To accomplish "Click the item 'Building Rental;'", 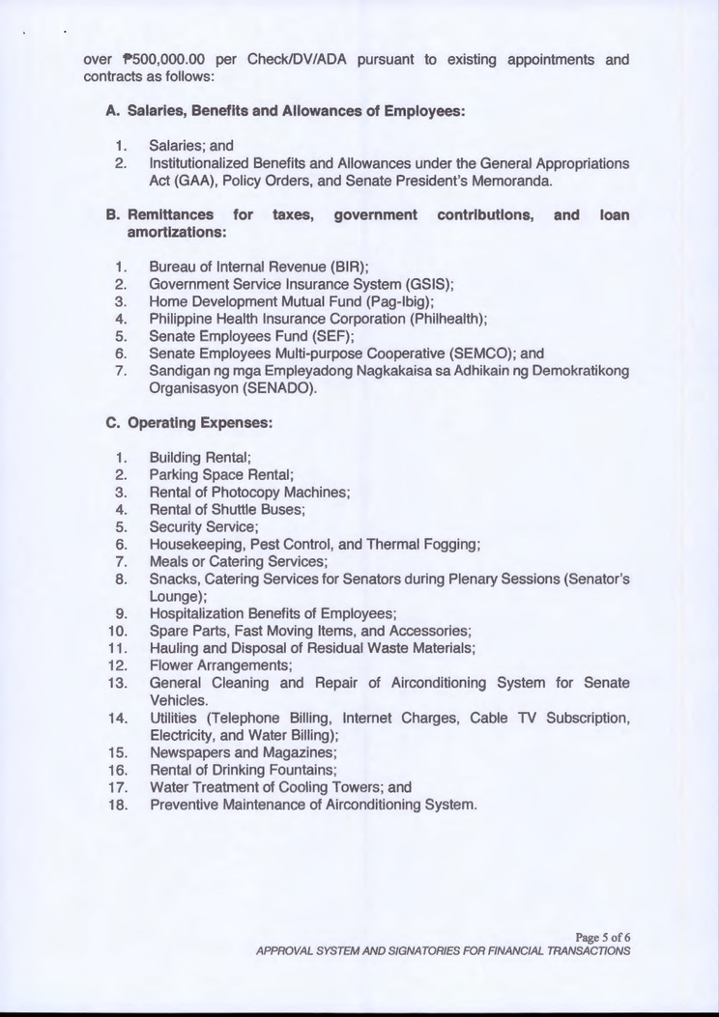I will [201, 457].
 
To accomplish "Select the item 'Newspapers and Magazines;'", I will [239, 752].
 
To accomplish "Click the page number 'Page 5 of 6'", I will [602, 935].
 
